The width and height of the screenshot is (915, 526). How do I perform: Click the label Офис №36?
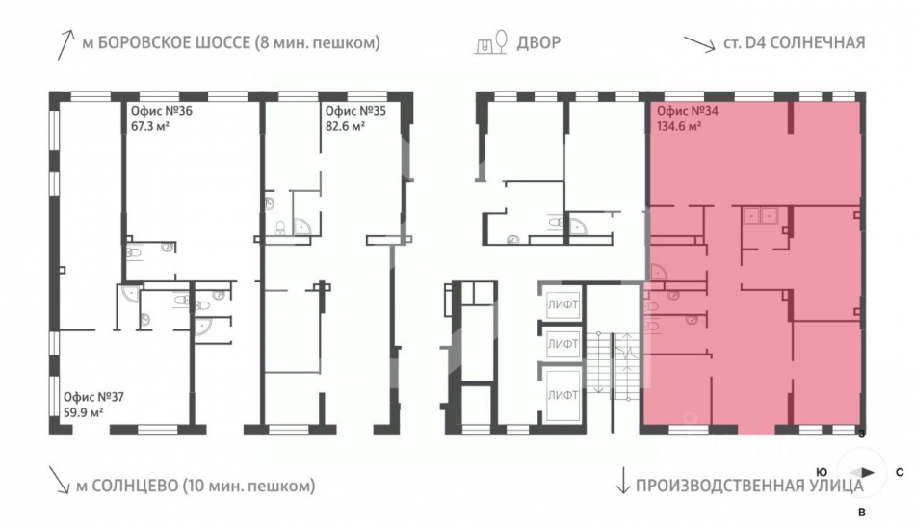161,111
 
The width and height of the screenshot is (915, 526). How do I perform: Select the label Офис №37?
94,397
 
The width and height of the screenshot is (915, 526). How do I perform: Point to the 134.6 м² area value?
679,126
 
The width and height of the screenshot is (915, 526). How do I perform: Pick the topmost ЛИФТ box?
562,304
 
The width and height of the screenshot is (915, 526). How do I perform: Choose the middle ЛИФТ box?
562,345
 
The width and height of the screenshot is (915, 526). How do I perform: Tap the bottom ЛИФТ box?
562,395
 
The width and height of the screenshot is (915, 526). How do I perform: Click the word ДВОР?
538,42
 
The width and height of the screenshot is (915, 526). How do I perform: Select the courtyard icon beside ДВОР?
491,42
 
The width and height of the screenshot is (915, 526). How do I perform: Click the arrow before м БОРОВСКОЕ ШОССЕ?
65,45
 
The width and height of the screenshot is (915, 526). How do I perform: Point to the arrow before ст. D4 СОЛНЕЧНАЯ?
699,44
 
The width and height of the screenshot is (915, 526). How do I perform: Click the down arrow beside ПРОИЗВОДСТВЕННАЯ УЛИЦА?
622,480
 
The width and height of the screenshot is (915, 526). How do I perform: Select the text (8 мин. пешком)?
318,42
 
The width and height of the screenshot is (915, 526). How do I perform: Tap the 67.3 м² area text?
150,126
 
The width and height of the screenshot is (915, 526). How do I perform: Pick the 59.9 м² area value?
84,412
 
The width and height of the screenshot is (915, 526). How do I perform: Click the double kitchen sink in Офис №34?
760,216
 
